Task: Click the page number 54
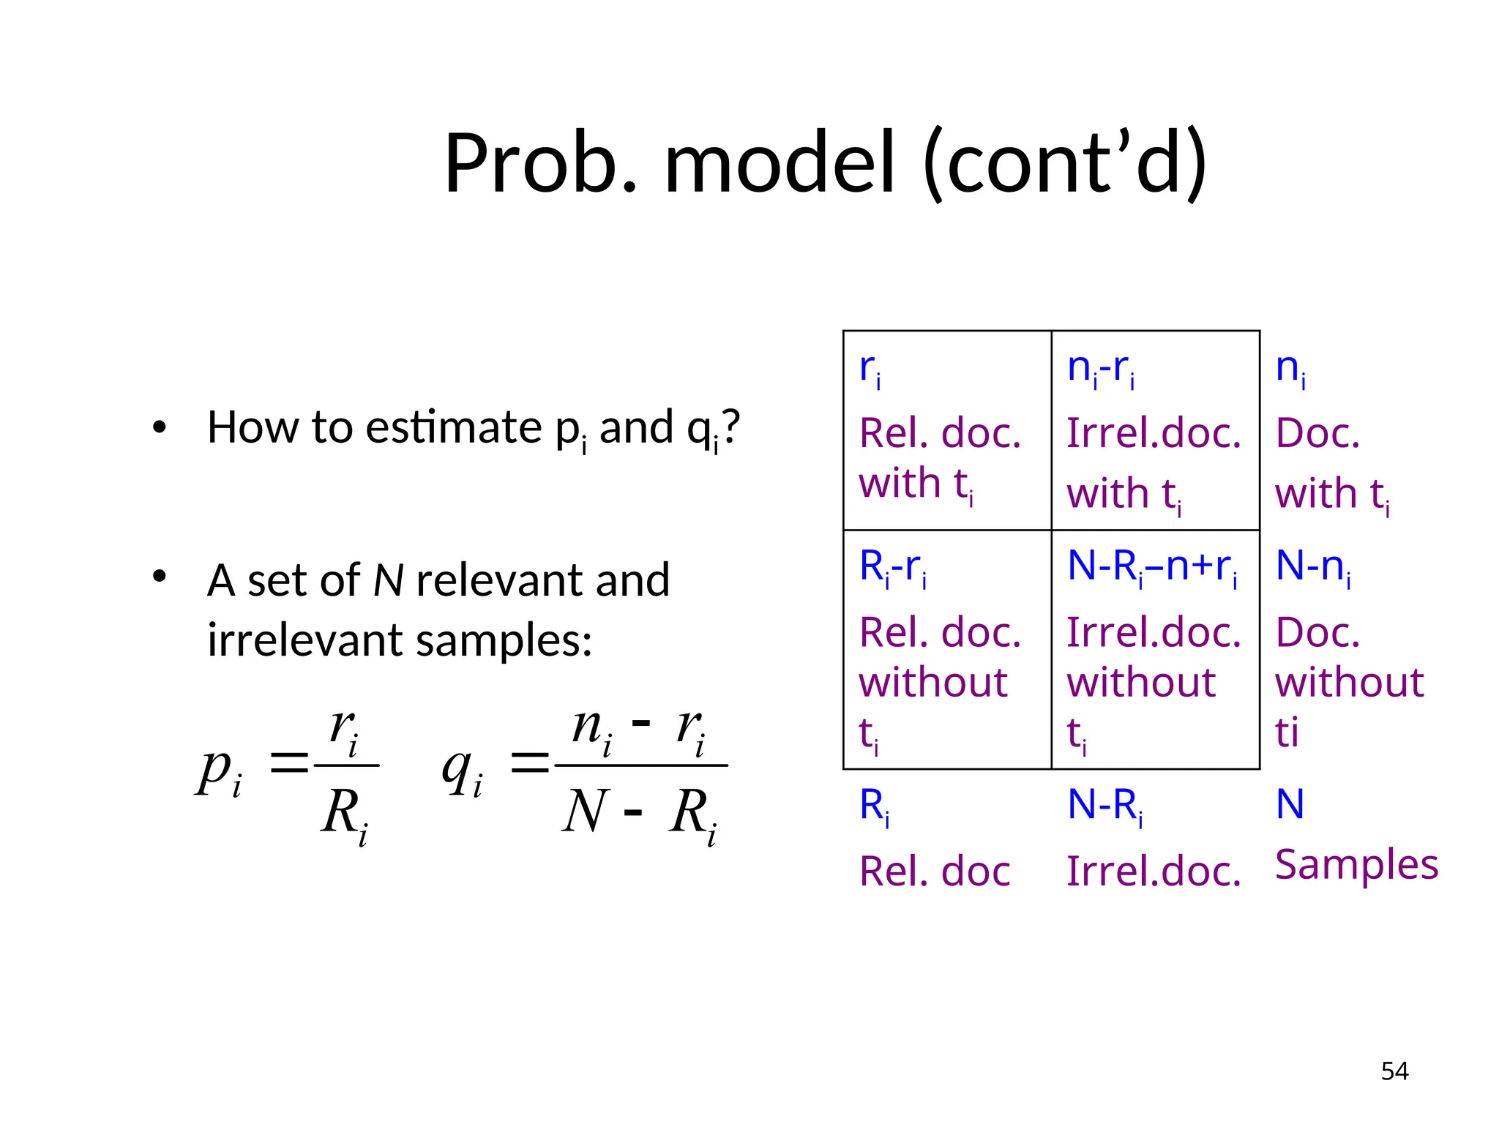pyautogui.click(x=1394, y=1071)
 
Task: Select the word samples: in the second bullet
pyautogui.click(x=504, y=640)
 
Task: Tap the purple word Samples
pyautogui.click(x=1356, y=864)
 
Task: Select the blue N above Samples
pyautogui.click(x=1290, y=804)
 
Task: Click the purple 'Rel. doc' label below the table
pyautogui.click(x=935, y=872)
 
